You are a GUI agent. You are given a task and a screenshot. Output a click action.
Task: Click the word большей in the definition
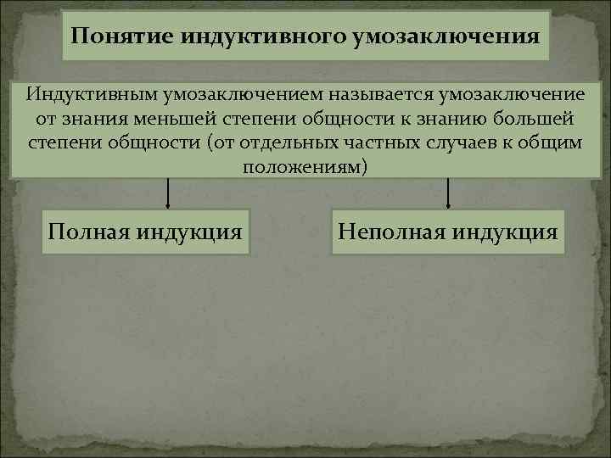[x=532, y=117]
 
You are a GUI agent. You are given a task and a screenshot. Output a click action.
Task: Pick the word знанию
[x=446, y=117]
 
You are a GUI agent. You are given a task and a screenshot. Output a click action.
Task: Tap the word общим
[x=554, y=141]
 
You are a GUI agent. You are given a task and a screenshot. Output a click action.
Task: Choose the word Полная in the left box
[x=92, y=231]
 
